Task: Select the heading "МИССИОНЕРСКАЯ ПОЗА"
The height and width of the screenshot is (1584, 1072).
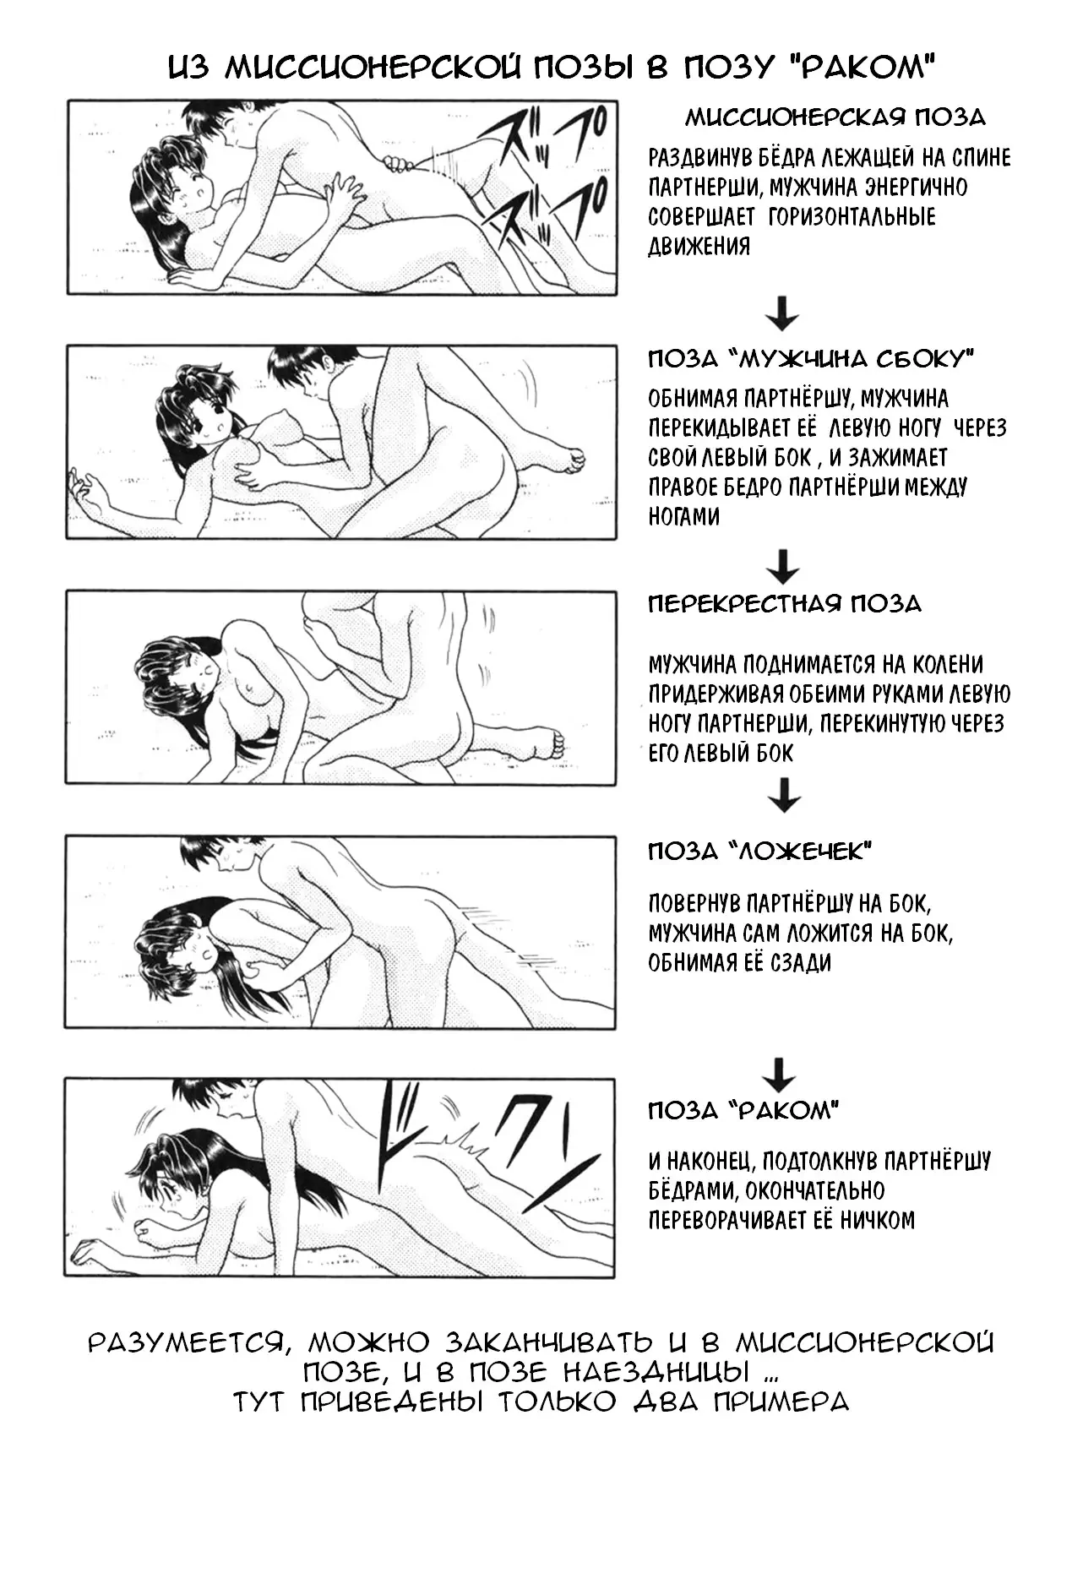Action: pos(835,117)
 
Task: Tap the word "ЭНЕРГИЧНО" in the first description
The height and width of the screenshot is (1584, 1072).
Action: pos(910,187)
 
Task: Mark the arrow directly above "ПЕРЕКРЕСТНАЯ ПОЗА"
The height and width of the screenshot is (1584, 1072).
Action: pos(785,566)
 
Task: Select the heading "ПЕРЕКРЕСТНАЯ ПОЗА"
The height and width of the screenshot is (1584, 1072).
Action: pos(785,604)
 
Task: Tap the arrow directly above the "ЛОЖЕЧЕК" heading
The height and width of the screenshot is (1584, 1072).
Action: pos(785,794)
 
